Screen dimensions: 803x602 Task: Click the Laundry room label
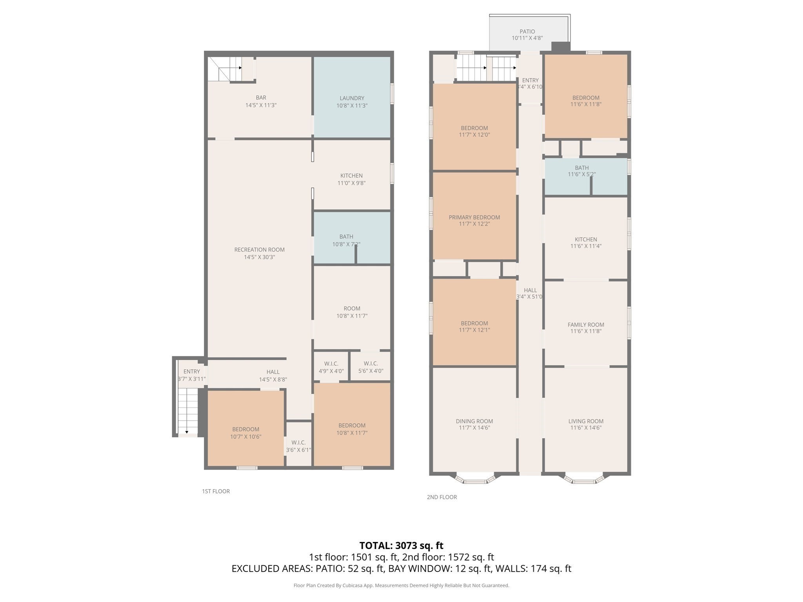pyautogui.click(x=352, y=98)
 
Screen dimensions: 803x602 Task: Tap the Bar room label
pyautogui.click(x=261, y=98)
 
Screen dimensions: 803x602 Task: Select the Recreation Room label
pyautogui.click(x=259, y=250)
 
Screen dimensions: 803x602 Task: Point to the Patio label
pyautogui.click(x=527, y=31)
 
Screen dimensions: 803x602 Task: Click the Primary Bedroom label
pyautogui.click(x=474, y=217)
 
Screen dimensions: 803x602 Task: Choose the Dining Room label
pyautogui.click(x=474, y=421)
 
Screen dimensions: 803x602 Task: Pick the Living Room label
pyautogui.click(x=586, y=421)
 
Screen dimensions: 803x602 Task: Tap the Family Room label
pyautogui.click(x=586, y=325)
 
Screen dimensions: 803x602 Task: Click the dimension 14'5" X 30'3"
pyautogui.click(x=259, y=257)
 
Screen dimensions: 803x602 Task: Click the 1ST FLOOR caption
pyautogui.click(x=216, y=491)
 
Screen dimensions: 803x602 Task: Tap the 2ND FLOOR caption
pyautogui.click(x=442, y=497)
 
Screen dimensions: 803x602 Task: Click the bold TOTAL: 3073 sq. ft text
pyautogui.click(x=401, y=545)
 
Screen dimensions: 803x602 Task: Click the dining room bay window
pyautogui.click(x=474, y=479)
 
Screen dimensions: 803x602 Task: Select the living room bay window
pyautogui.click(x=584, y=479)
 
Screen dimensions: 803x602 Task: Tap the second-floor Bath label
pyautogui.click(x=582, y=168)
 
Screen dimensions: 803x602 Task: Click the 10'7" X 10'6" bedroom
pyautogui.click(x=245, y=428)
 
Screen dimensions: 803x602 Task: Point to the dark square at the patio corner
pyautogui.click(x=561, y=47)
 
